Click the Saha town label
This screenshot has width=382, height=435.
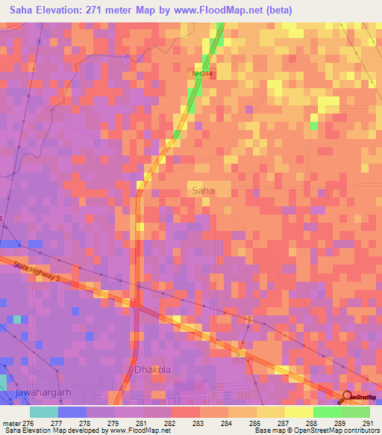coord(203,191)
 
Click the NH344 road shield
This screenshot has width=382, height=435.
coord(201,74)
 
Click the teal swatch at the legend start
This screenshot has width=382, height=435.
coord(44,412)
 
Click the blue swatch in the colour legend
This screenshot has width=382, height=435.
coord(72,412)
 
